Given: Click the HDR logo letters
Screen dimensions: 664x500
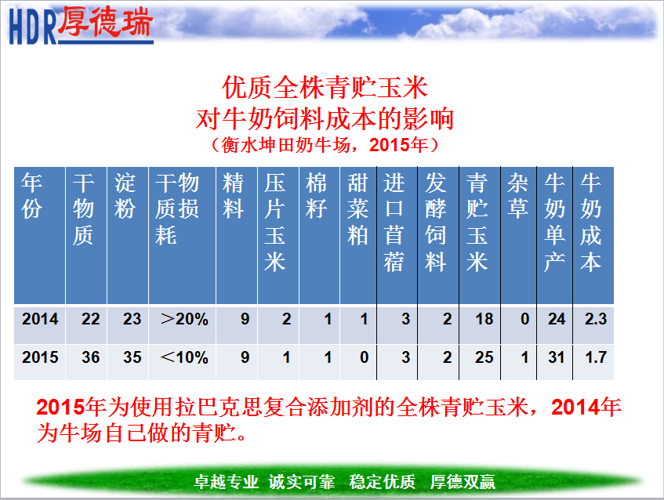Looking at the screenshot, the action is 33,27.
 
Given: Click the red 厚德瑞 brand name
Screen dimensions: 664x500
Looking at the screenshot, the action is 105,21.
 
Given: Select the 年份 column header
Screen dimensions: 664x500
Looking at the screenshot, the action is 32,196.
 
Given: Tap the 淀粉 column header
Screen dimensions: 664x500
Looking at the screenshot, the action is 125,196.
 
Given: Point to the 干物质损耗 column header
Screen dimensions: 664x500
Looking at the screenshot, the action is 177,208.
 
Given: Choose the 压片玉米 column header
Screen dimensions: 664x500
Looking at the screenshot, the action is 275,222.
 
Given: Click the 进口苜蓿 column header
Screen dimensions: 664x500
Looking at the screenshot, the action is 394,222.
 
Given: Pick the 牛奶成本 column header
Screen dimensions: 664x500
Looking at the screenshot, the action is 591,222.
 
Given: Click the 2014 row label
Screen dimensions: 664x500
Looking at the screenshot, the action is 40,319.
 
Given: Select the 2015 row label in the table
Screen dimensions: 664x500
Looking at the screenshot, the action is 40,357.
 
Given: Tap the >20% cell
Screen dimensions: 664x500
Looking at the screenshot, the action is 185,319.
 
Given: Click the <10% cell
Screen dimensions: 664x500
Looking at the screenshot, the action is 185,357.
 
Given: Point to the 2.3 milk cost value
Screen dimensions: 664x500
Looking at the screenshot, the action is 596,319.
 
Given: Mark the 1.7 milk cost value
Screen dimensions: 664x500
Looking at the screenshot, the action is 596,357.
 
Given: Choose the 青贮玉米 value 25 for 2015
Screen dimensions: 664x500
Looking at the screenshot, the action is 484,357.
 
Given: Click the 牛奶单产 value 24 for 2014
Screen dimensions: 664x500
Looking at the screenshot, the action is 557,319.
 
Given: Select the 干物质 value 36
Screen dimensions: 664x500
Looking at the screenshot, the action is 91,357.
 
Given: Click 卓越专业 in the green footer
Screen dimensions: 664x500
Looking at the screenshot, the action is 226,482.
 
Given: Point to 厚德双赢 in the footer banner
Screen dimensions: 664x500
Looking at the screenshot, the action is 463,482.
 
